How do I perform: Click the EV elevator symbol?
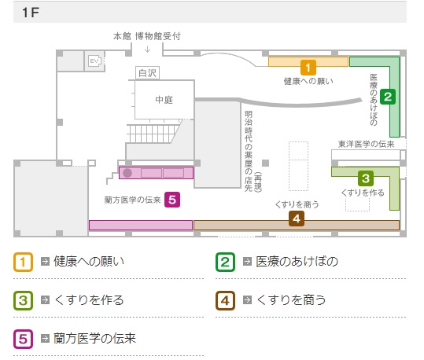click(x=94, y=61)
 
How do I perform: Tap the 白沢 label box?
click(x=147, y=72)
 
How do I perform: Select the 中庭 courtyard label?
click(x=164, y=100)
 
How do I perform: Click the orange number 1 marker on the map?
click(x=308, y=68)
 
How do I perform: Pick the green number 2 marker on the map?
click(x=388, y=97)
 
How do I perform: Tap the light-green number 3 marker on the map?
click(x=366, y=178)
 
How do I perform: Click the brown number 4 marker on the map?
click(x=297, y=219)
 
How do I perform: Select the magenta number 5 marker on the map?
click(x=172, y=200)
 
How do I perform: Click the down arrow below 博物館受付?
click(x=147, y=50)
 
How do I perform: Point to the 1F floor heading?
click(x=31, y=13)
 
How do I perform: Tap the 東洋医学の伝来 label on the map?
click(x=366, y=144)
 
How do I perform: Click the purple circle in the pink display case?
click(x=127, y=173)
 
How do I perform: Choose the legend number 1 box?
click(x=24, y=262)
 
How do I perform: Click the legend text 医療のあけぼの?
click(x=297, y=262)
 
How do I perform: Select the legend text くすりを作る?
click(x=89, y=300)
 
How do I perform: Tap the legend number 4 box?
click(x=225, y=300)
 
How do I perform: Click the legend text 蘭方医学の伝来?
click(x=94, y=339)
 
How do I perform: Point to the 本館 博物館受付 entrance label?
click(x=147, y=36)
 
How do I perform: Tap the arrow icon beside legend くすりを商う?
click(x=247, y=300)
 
